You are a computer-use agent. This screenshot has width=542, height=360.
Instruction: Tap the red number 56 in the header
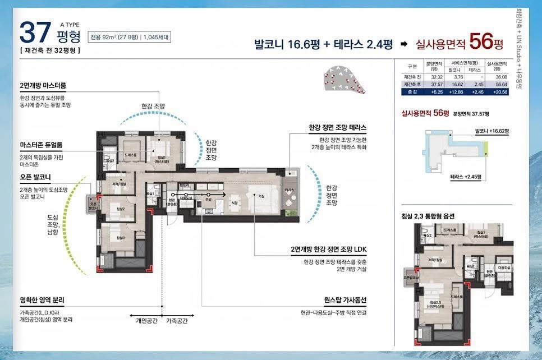pos(481,41)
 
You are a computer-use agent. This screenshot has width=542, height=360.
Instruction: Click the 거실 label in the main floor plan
pos(261,196)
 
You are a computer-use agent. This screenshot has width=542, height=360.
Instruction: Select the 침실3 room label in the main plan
pos(120,238)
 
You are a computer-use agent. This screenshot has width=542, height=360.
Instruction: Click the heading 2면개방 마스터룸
pos(43,86)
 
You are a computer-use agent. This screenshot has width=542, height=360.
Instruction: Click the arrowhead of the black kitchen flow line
pos(224,193)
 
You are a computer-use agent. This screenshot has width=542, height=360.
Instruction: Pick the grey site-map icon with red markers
pos(342,81)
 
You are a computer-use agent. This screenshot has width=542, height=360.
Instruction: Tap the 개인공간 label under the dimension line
pos(147,321)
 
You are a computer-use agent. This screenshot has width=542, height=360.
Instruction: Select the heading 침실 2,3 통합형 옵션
pos(431,216)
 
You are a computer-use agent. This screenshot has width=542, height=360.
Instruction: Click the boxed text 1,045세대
pos(155,38)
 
